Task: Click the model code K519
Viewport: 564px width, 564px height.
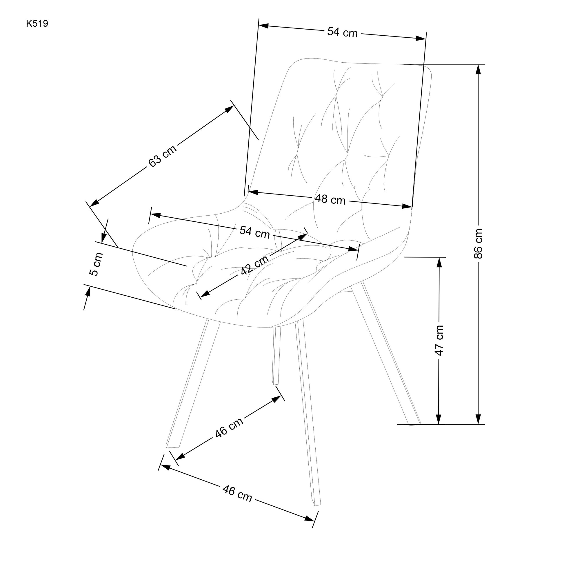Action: click(x=37, y=24)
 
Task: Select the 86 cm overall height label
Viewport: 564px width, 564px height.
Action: click(x=478, y=244)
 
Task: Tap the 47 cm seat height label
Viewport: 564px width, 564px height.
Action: click(x=439, y=340)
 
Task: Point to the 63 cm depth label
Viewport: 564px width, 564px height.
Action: click(x=162, y=156)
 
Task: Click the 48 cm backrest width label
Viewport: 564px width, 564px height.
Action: click(x=330, y=200)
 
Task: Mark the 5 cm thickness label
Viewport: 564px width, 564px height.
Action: click(x=96, y=264)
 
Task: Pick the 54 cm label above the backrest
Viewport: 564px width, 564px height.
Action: click(x=342, y=32)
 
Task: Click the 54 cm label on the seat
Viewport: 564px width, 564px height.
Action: click(x=254, y=232)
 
